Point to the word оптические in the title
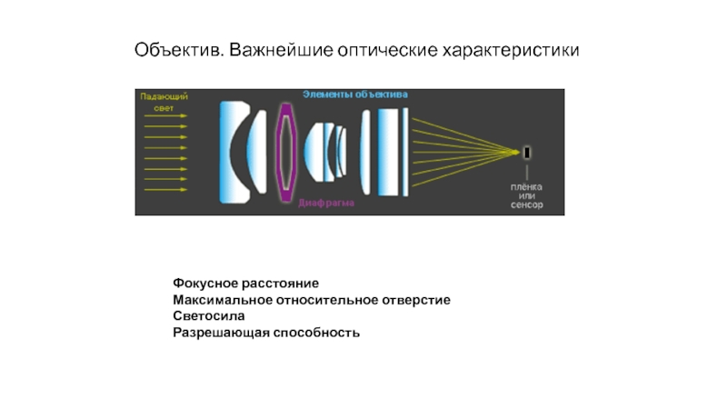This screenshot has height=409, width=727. tap(380, 46)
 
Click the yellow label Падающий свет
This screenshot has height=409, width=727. tap(163, 101)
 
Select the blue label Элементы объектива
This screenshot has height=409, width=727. tap(355, 95)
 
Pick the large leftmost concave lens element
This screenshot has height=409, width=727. tap(234, 152)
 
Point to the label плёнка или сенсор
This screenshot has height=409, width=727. tap(525, 196)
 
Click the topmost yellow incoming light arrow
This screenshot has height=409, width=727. tap(166, 116)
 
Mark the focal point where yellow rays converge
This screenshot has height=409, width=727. tap(515, 152)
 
